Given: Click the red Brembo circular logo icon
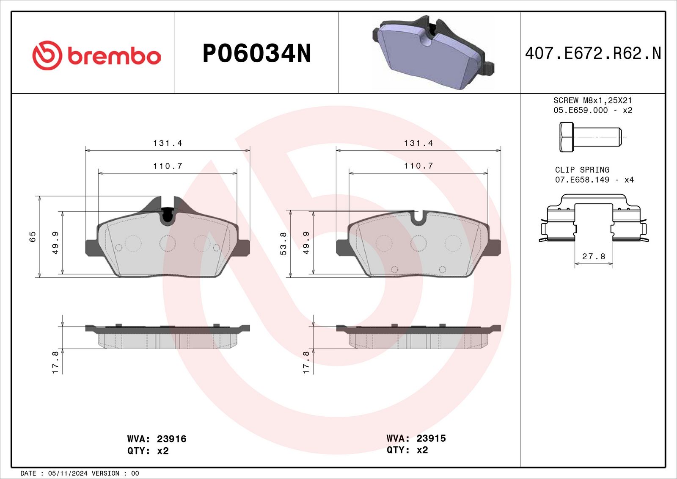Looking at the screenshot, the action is point(47,55).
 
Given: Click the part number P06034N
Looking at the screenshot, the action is point(256,53).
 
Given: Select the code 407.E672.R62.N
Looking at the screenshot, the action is point(593,53).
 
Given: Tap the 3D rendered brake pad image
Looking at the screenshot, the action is point(433,53).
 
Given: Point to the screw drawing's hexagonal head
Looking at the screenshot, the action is point(566,137).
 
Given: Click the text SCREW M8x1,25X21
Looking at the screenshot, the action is point(593,100).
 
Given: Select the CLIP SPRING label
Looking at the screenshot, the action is point(582,170).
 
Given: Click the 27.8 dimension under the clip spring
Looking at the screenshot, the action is point(594,256).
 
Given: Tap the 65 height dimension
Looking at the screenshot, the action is point(32,237).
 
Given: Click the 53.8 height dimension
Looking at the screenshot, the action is point(283,244).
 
